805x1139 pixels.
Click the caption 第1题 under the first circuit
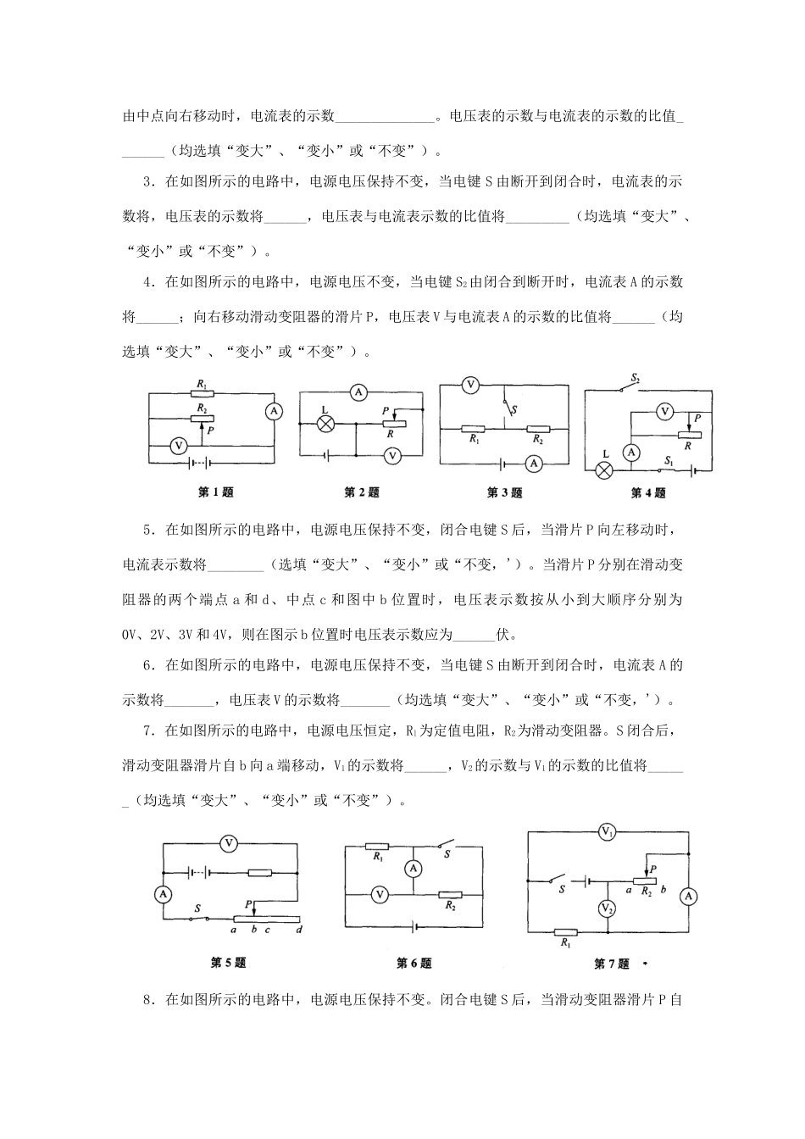click(x=215, y=492)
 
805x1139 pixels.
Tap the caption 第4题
click(x=648, y=492)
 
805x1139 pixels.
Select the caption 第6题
click(x=414, y=963)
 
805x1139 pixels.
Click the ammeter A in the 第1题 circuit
click(x=273, y=411)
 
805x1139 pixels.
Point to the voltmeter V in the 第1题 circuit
click(x=177, y=444)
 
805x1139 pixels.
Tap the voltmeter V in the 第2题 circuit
click(x=392, y=455)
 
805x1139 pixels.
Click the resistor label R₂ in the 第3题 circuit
click(x=537, y=440)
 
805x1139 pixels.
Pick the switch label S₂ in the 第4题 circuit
click(x=636, y=376)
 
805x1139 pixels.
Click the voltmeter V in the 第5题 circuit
click(x=228, y=842)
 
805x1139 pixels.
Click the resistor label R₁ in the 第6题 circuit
click(x=377, y=857)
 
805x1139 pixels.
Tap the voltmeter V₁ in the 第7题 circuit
click(x=607, y=833)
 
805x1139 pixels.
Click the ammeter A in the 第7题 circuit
click(x=690, y=897)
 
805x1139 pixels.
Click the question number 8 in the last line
click(x=148, y=1000)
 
